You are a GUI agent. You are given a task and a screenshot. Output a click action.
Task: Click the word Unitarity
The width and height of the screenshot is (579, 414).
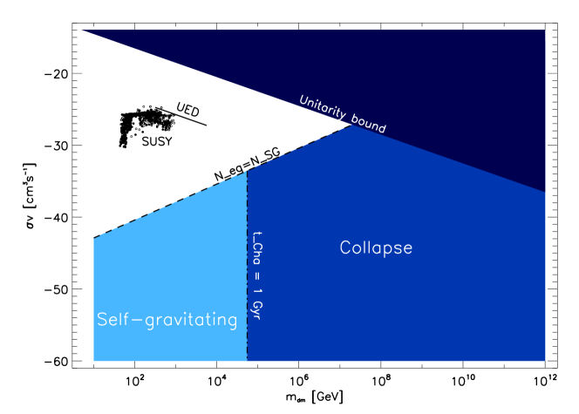[320, 109]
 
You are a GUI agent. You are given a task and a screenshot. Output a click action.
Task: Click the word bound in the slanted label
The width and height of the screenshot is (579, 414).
[369, 126]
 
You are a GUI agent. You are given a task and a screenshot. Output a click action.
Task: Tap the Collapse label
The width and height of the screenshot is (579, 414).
[376, 248]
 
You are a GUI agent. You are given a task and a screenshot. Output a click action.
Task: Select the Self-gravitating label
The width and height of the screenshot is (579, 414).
[167, 320]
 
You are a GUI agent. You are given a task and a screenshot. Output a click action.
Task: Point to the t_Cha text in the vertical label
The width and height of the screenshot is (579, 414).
[256, 247]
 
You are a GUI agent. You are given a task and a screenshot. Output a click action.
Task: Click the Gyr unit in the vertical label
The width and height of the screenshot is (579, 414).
[256, 309]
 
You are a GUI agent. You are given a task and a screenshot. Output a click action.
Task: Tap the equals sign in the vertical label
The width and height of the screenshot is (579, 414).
[256, 276]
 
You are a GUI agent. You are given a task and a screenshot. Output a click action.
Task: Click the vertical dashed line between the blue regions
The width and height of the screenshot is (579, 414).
[247, 261]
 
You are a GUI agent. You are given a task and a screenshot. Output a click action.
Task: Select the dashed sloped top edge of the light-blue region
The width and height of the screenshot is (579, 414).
[170, 205]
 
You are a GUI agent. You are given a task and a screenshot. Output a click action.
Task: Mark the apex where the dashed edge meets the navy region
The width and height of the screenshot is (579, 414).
[351, 126]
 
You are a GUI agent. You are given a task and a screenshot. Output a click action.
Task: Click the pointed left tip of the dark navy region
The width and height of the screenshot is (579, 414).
[81, 31]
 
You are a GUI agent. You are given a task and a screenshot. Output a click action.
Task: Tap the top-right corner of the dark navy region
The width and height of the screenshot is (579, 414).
[545, 31]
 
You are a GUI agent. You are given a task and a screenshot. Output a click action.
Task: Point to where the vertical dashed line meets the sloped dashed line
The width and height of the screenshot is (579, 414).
[247, 171]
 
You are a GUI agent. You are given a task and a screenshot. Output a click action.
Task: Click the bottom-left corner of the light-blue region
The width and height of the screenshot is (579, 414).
[94, 361]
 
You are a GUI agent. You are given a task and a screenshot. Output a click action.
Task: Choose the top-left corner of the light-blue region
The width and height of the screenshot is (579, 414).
[94, 238]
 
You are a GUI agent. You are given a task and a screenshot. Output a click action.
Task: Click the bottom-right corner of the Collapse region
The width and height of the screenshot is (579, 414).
[545, 361]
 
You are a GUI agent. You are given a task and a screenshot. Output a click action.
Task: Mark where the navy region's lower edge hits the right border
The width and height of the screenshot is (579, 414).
[545, 192]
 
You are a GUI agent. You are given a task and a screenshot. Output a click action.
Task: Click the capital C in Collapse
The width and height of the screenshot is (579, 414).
[345, 248]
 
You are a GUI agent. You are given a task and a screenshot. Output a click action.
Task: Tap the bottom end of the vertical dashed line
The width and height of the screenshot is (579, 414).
[247, 360]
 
